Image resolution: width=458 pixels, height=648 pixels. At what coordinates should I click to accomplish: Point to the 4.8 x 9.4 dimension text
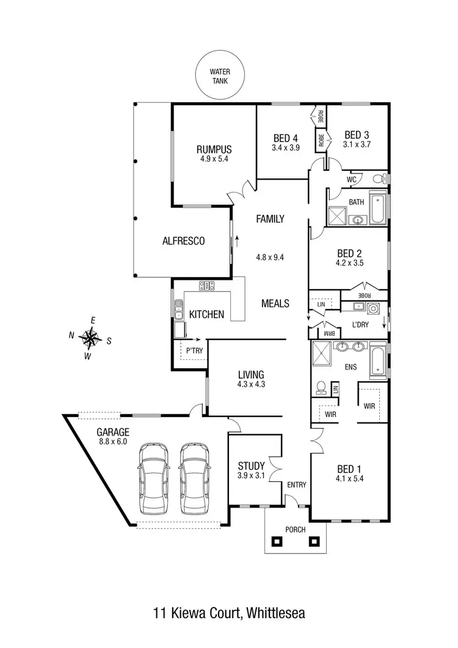point(270,257)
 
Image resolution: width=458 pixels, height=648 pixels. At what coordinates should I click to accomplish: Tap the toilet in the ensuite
point(321,387)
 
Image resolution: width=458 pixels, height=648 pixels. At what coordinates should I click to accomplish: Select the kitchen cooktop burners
point(207,285)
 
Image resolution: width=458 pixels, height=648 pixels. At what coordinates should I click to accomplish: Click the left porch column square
point(277,541)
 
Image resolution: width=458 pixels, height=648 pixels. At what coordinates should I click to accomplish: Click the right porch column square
point(315,541)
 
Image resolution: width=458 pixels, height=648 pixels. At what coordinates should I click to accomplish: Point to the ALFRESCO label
point(183,241)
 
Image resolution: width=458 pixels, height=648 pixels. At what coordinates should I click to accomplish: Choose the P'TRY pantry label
point(194,352)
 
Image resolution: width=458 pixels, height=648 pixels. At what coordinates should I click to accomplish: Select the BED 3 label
point(357,135)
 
